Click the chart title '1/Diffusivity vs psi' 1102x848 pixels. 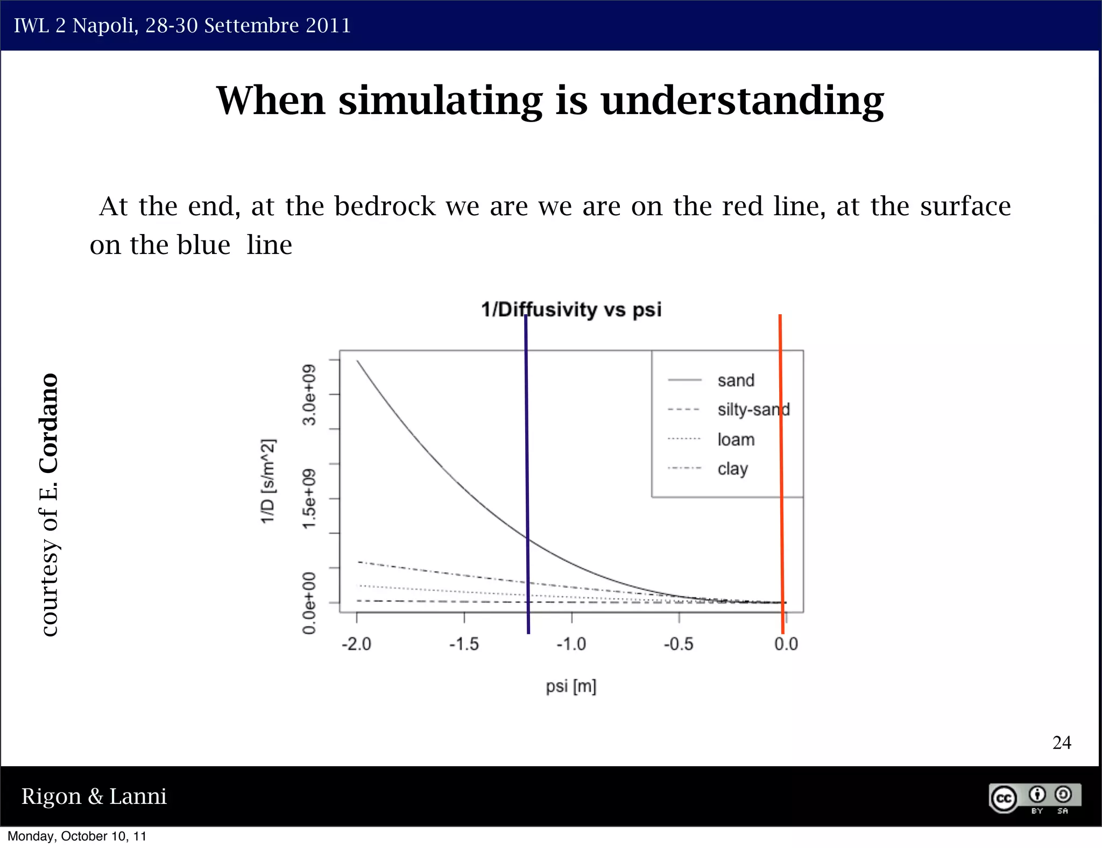(x=571, y=310)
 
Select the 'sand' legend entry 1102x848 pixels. (x=736, y=380)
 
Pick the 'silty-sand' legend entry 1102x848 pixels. (x=753, y=409)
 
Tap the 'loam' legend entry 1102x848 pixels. (x=736, y=440)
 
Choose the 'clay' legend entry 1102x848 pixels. (x=732, y=469)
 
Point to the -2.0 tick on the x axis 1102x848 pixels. (x=356, y=644)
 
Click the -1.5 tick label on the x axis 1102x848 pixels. (x=464, y=644)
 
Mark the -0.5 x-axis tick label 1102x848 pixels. (x=679, y=644)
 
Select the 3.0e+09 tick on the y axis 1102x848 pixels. (x=309, y=394)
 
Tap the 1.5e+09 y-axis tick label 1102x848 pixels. (x=309, y=499)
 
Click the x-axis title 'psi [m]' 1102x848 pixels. (x=571, y=687)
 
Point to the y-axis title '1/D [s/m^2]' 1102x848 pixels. (x=268, y=480)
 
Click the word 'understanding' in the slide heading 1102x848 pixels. (x=742, y=101)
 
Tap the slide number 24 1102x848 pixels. (x=1061, y=743)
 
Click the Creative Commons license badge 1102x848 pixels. (x=1034, y=798)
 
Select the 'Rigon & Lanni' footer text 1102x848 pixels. (x=94, y=796)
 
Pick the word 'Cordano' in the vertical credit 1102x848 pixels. (x=49, y=423)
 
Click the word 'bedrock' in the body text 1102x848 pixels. (x=385, y=207)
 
